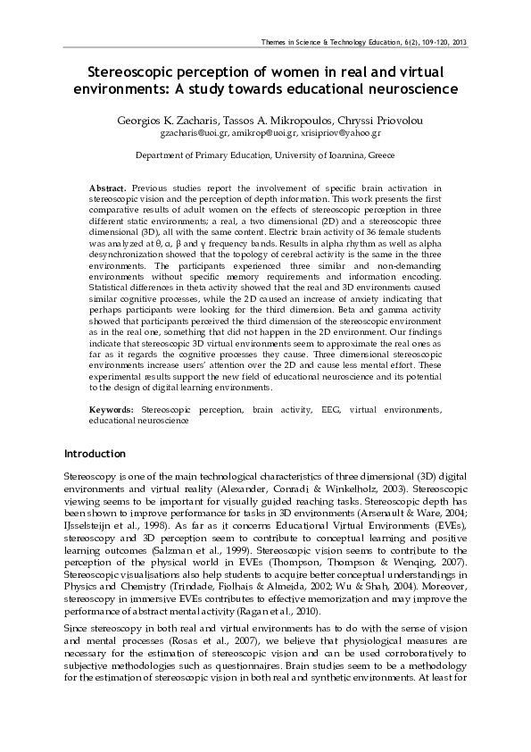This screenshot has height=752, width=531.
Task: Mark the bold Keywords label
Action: pos(112,408)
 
